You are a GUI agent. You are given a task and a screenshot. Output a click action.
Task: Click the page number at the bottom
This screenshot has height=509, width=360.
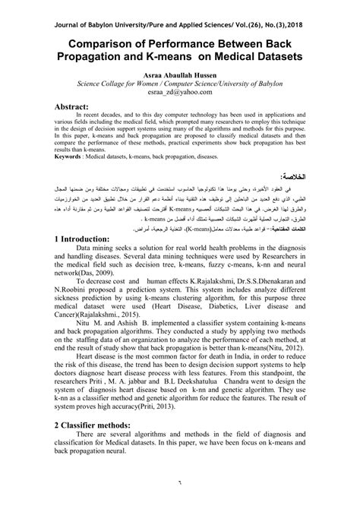(x=180, y=501)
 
